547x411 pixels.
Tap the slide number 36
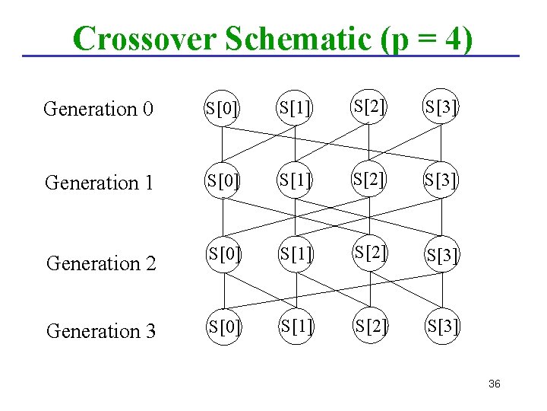point(495,384)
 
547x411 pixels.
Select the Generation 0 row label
point(98,109)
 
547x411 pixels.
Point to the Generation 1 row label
point(100,183)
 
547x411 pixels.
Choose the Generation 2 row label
point(101,263)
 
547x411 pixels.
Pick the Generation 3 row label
point(101,331)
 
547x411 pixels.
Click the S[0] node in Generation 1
point(222,183)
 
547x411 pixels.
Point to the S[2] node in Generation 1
point(368,180)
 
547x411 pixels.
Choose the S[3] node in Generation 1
point(441,183)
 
